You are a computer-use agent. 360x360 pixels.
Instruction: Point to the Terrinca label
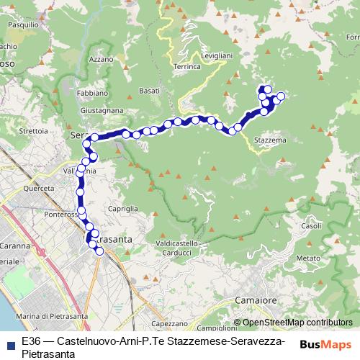(x=186, y=66)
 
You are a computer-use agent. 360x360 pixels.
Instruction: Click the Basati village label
(x=150, y=91)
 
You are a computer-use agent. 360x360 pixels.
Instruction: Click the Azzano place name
(x=102, y=59)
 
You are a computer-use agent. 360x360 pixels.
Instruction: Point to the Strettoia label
(x=33, y=131)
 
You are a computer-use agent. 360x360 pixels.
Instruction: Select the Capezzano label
(x=169, y=324)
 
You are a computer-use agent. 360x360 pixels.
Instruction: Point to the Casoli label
(x=311, y=226)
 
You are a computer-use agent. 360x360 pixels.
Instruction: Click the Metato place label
(x=307, y=258)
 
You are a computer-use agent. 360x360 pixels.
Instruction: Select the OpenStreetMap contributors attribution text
(x=297, y=323)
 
